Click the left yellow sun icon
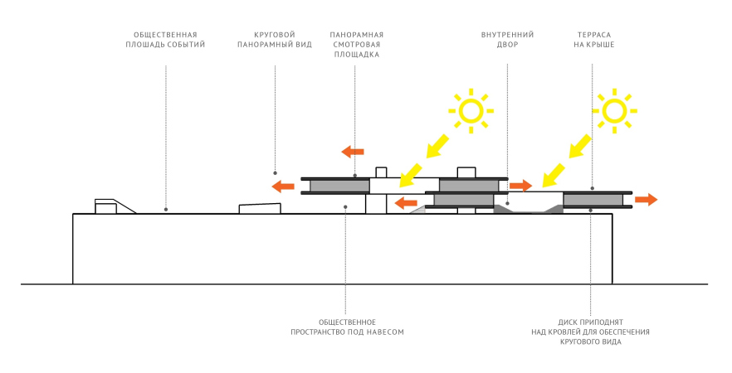pos(471,110)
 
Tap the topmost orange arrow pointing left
pos(353,151)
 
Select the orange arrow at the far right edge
pos(647,199)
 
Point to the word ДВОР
pos(507,45)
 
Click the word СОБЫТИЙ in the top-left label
pos(188,45)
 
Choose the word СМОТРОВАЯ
pos(356,45)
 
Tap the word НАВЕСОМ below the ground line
pos(386,332)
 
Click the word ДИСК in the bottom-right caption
pos(566,322)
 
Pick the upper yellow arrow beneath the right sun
pos(580,147)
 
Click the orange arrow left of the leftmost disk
pos(283,186)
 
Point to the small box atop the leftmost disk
pos(381,172)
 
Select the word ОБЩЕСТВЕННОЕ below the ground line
pos(348,322)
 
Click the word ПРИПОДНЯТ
pos(604,322)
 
